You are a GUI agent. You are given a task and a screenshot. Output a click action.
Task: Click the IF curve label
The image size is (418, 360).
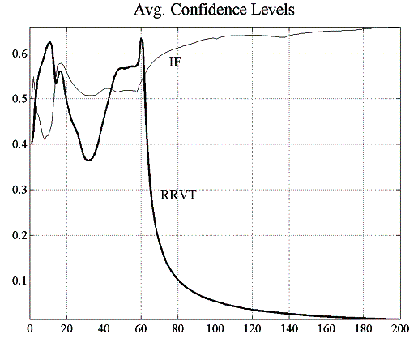click(x=174, y=62)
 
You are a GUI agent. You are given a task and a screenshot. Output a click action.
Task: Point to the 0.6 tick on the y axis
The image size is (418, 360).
click(x=15, y=54)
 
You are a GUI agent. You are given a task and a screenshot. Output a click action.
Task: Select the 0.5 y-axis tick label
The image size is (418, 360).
click(x=15, y=100)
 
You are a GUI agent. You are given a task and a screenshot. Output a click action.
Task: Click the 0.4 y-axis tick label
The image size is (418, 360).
click(x=15, y=145)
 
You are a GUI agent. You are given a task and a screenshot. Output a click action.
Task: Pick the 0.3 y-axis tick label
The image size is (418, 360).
click(x=15, y=191)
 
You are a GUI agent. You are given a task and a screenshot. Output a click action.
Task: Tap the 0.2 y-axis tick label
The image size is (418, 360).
click(x=15, y=236)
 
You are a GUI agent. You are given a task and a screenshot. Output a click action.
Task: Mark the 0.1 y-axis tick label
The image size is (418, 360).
click(x=15, y=281)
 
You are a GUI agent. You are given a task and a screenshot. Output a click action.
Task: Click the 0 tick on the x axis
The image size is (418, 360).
click(x=30, y=328)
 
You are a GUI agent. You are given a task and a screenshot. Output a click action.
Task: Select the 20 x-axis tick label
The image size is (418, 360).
click(x=67, y=328)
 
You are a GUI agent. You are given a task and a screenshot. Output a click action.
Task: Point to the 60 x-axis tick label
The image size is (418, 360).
click(x=141, y=328)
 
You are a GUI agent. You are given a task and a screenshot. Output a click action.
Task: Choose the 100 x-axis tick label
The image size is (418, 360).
click(x=215, y=328)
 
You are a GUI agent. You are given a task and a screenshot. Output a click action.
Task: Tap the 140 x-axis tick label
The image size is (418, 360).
click(x=289, y=328)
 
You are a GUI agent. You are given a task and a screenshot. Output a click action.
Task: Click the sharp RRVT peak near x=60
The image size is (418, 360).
click(x=141, y=39)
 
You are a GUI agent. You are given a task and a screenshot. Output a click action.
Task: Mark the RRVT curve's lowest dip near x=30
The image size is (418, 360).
click(x=88, y=160)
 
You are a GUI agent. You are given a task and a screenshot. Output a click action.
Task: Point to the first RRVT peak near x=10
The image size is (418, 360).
click(x=49, y=42)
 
